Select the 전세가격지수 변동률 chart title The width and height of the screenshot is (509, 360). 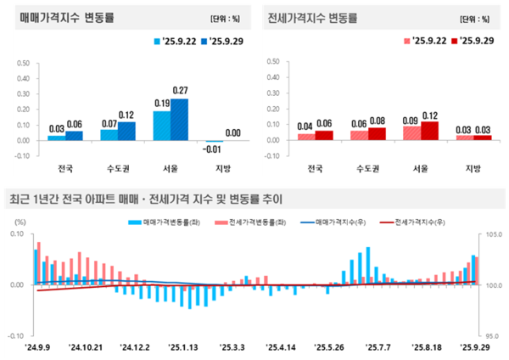[x=311, y=18]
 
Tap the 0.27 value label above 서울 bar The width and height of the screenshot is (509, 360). [x=180, y=91]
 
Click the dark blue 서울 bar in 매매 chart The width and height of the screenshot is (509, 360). [x=180, y=120]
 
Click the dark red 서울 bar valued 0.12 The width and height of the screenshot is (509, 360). [x=429, y=130]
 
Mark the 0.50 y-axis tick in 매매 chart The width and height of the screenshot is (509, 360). [x=24, y=63]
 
